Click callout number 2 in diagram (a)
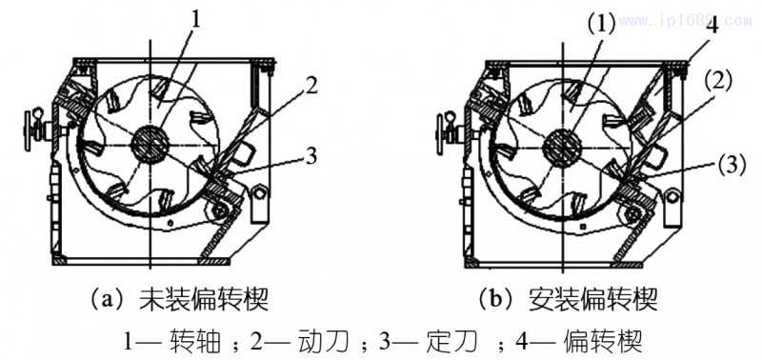tap(311, 86)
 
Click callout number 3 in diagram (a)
tap(311, 157)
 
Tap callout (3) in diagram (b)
tap(732, 166)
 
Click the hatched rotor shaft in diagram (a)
tap(150, 143)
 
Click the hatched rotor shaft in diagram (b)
tap(563, 144)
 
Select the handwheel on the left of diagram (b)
tap(443, 131)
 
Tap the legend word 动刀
tap(323, 342)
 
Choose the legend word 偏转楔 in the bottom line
tap(602, 342)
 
